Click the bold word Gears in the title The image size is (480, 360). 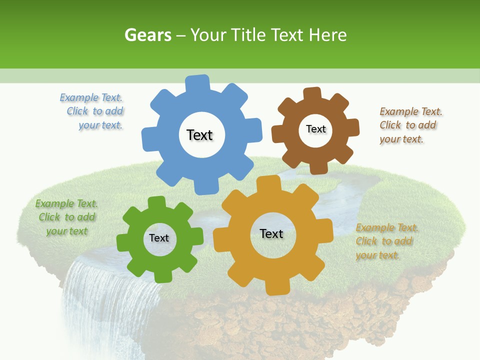[147, 35]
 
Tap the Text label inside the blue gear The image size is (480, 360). [199, 135]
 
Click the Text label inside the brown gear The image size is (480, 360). [315, 129]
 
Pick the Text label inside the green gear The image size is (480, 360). [159, 238]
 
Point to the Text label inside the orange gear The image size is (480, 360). [271, 233]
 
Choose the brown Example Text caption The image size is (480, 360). [410, 125]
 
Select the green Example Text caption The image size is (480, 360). [66, 217]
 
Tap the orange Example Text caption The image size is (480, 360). [386, 241]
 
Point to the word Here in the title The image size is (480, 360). [327, 35]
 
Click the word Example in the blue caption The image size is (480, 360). [79, 98]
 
